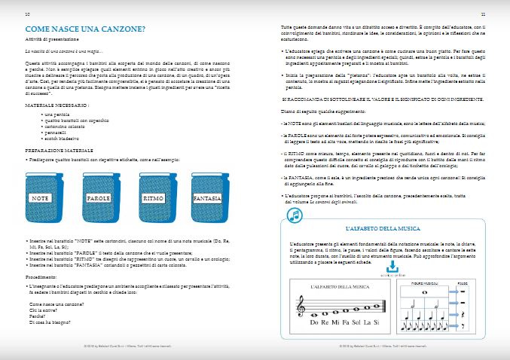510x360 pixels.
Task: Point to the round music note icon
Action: point(295,215)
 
